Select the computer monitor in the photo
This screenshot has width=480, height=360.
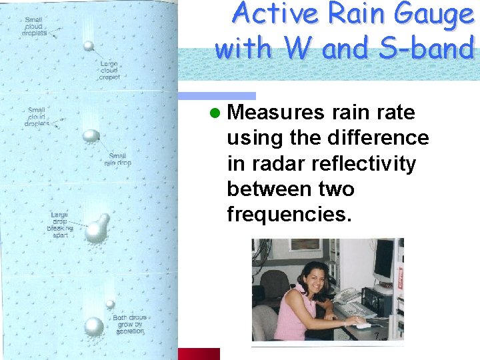(x=383, y=260)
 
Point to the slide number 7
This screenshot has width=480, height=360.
(x=377, y=336)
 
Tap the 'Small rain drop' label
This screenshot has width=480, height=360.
(x=117, y=160)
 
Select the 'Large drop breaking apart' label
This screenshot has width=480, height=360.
(x=61, y=225)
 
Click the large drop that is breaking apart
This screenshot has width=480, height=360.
(x=97, y=230)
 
